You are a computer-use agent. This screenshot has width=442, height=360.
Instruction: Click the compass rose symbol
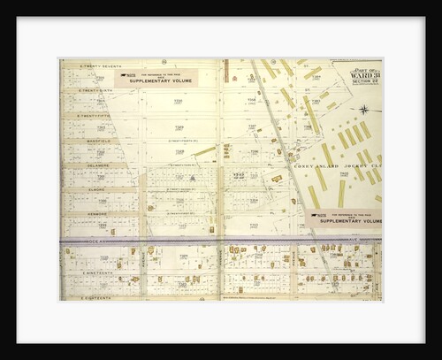coord(363,110)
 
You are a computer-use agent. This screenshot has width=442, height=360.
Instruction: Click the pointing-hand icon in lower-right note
coord(320,212)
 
